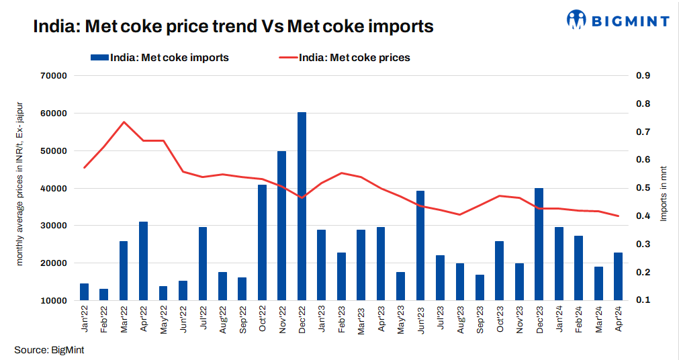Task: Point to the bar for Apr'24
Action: point(618,276)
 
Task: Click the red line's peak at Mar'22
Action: point(124,122)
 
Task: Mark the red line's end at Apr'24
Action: point(618,216)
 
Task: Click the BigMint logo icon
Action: point(577,19)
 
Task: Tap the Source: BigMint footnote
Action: point(49,350)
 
